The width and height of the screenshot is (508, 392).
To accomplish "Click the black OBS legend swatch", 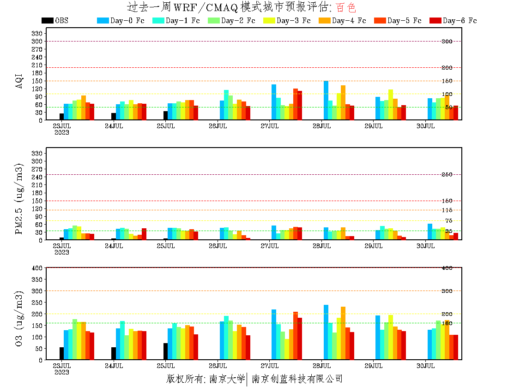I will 47,20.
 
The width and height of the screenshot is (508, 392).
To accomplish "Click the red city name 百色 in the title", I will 346,7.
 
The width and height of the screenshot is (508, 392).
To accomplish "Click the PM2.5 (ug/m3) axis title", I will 19,199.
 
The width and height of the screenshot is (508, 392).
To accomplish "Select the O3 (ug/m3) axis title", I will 19,319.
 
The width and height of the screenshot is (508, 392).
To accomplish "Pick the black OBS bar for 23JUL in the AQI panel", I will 61,117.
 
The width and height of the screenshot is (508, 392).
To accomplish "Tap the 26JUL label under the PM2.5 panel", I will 218,246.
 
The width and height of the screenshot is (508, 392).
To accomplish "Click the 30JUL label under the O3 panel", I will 425,366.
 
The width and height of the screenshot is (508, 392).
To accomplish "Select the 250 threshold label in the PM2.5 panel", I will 447,174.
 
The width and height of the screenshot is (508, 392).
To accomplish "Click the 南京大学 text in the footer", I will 227,379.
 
